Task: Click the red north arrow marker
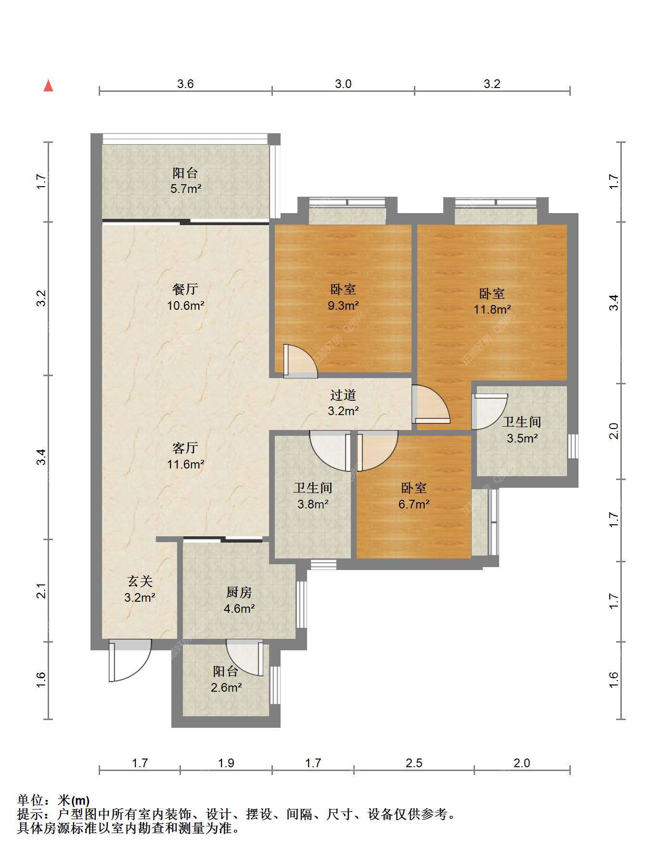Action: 48,86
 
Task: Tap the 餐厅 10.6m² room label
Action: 186,297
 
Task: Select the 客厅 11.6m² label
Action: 186,456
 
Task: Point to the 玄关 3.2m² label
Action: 140,589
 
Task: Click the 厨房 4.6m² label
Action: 239,600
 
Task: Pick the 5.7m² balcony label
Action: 186,180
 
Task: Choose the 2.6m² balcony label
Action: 226,679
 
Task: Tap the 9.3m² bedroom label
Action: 343,297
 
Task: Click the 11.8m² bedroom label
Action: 492,301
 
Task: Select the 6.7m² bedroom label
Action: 414,496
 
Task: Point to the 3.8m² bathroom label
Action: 313,496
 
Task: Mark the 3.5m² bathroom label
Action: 522,430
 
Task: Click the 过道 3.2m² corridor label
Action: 343,403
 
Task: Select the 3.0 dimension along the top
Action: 343,84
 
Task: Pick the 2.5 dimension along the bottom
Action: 414,763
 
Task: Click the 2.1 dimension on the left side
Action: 42,591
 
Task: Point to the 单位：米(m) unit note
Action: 53,800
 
